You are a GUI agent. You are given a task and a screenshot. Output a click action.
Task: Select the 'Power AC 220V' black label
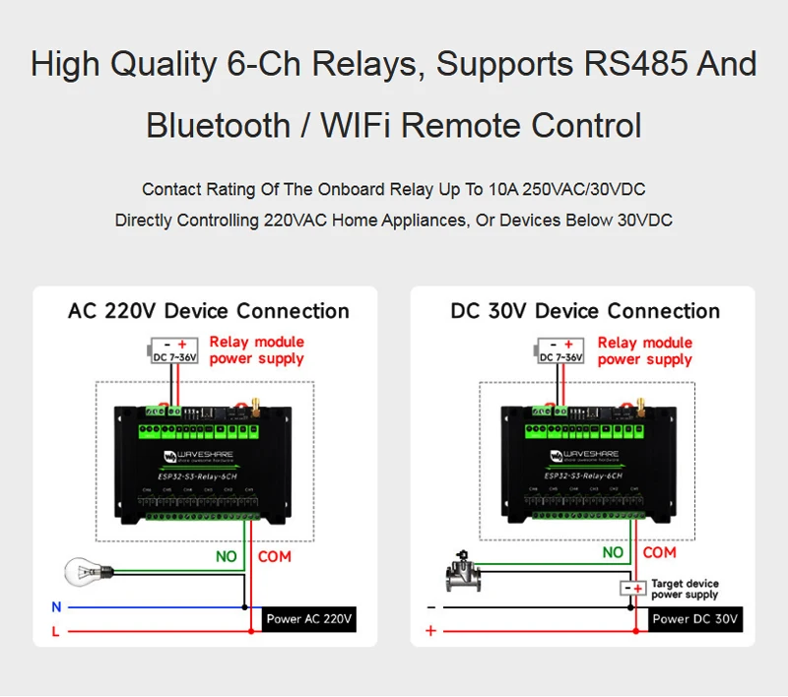tap(308, 619)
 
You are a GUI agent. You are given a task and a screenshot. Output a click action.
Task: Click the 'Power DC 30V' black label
tap(696, 619)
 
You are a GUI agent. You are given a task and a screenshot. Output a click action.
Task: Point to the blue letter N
tap(56, 607)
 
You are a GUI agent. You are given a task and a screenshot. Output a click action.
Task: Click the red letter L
tap(56, 632)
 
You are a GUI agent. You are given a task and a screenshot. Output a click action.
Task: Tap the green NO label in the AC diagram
tap(227, 556)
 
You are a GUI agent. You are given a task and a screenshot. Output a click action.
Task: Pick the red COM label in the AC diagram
tap(275, 556)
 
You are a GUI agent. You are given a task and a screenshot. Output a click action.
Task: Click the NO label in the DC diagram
tap(613, 553)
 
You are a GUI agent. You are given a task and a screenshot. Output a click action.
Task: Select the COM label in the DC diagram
tap(660, 553)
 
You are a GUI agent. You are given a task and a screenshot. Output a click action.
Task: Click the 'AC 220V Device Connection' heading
tap(209, 311)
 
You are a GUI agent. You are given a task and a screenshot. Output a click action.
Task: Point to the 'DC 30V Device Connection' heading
tap(585, 311)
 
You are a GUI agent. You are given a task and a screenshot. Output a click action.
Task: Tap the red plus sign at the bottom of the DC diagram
tap(430, 631)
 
